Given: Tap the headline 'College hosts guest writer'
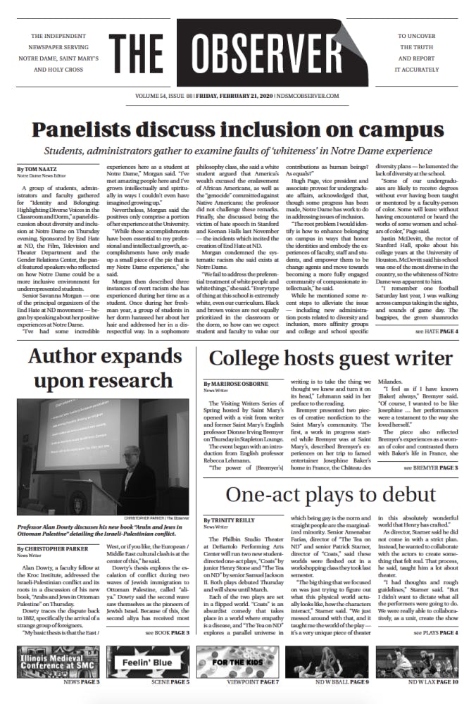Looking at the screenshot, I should (331, 358).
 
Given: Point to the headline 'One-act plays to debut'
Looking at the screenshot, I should (331, 493).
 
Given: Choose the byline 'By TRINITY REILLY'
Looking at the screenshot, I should (227, 519).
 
